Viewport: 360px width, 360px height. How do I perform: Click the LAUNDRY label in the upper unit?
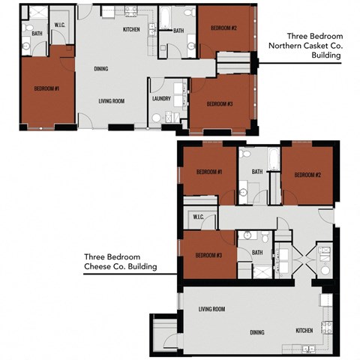[160, 98]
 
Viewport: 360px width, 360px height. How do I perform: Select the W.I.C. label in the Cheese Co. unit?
[199, 217]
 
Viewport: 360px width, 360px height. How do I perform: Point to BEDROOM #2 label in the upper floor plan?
[223, 28]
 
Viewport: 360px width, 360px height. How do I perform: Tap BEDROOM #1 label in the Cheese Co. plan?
[208, 172]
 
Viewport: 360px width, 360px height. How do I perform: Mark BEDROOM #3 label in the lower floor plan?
[208, 255]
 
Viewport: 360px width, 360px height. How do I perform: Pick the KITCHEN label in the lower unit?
[304, 330]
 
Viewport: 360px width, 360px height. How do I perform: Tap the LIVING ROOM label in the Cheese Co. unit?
[213, 309]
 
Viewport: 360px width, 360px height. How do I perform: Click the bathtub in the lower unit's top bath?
[274, 160]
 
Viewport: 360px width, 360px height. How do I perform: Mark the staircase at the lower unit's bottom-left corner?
[163, 330]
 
